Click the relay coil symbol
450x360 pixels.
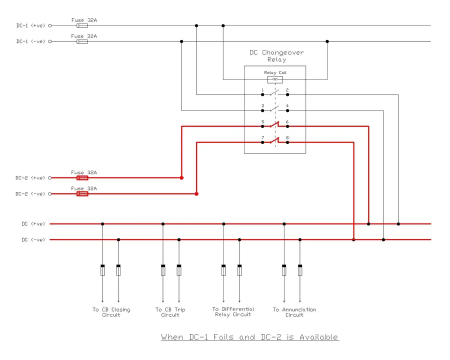[274, 79]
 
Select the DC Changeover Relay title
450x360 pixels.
[276, 56]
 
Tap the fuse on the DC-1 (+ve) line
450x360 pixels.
[82, 25]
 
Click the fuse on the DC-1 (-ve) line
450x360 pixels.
[82, 41]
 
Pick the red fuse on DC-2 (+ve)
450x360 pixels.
[82, 177]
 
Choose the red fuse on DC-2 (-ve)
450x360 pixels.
[82, 193]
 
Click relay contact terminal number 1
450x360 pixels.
[262, 93]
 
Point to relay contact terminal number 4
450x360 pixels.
[287, 110]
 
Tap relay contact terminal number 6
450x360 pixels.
[287, 126]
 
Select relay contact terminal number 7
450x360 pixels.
[262, 142]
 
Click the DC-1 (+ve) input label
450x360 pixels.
[30, 25]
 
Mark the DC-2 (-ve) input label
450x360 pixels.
[30, 193]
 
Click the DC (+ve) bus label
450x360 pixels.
[33, 224]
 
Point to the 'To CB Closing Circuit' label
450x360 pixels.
[111, 312]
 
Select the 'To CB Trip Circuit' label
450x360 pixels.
[170, 312]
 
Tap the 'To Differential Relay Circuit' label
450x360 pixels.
[233, 312]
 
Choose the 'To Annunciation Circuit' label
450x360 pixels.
[294, 312]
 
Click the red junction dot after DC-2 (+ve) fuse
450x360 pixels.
[181, 177]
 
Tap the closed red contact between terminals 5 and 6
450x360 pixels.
[274, 126]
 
